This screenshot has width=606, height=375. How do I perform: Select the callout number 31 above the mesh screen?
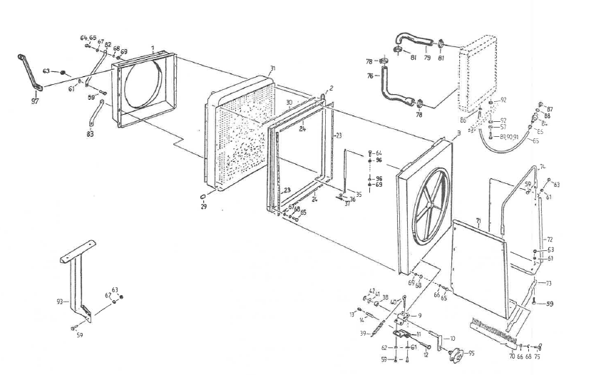[272, 68]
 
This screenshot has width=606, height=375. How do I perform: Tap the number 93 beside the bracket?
[60, 302]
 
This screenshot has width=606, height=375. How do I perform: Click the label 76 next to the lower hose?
[371, 76]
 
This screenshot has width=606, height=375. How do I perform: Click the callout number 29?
[203, 206]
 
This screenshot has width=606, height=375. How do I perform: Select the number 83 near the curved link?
[90, 133]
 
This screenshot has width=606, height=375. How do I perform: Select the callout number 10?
[453, 338]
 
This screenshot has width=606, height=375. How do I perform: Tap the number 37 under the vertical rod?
[346, 203]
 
